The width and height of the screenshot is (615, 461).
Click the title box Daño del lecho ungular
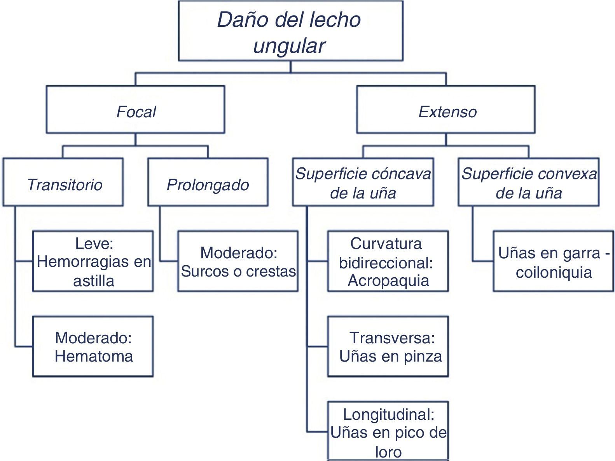click(x=290, y=31)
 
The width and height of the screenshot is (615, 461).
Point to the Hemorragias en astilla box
click(x=93, y=261)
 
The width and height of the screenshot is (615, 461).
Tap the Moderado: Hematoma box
click(x=93, y=346)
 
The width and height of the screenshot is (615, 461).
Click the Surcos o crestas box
click(x=238, y=261)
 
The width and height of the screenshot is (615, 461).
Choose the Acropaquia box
click(x=388, y=261)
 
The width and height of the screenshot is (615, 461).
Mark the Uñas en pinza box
click(x=388, y=346)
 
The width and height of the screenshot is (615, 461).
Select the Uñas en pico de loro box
click(x=388, y=431)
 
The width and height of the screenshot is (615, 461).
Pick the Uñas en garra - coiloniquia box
click(x=554, y=261)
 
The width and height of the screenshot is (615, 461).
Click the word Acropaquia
click(x=388, y=280)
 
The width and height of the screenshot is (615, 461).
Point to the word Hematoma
click(x=94, y=356)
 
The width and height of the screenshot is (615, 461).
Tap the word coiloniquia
click(x=554, y=272)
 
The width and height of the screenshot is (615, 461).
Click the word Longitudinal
click(x=388, y=415)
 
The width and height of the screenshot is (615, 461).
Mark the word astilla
click(x=94, y=280)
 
